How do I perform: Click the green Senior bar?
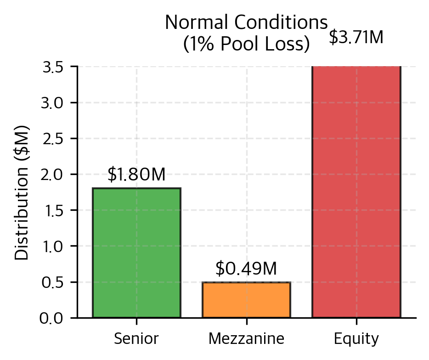[x=136, y=253]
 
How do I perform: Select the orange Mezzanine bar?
[x=246, y=300]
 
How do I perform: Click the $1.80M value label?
[x=136, y=175]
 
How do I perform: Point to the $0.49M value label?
[x=246, y=269]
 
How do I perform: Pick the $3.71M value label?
[x=356, y=37]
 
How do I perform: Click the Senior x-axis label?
[x=136, y=339]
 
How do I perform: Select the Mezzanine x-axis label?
[x=246, y=339]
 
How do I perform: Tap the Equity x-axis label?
[x=356, y=339]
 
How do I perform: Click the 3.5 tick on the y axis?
[x=53, y=67]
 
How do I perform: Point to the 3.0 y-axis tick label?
[x=53, y=103]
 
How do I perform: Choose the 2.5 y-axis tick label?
[x=53, y=139]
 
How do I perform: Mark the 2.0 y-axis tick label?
[x=53, y=174]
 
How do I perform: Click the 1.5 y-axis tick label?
[x=53, y=210]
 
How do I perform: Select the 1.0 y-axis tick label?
[x=53, y=246]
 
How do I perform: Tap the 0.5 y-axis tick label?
[x=53, y=282]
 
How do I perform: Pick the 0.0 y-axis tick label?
[x=53, y=318]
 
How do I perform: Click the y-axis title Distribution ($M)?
[x=22, y=192]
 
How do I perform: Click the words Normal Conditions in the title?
[x=246, y=22]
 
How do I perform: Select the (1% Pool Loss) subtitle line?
[x=246, y=44]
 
